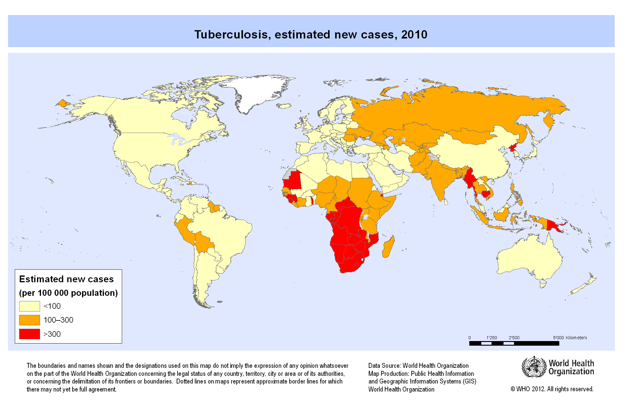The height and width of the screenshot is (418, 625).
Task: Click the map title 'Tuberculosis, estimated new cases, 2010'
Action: tap(311, 34)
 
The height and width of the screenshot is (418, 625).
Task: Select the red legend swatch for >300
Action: tap(30, 334)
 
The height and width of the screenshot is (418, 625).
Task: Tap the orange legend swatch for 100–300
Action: tap(30, 320)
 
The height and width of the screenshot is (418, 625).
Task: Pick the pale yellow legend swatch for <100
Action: tap(30, 306)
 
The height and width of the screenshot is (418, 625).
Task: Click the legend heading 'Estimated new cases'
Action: tap(66, 279)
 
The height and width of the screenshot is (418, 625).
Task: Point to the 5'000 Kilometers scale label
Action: tap(570, 338)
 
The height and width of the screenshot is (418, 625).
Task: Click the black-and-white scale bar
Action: tap(514, 344)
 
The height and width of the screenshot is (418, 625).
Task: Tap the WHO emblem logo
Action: tap(534, 367)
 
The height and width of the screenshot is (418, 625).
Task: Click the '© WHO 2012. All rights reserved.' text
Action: tap(552, 389)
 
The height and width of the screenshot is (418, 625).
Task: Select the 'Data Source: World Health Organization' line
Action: tap(418, 366)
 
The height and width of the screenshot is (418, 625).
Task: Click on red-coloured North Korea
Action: tap(513, 148)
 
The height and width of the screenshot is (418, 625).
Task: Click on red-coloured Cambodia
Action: tap(486, 194)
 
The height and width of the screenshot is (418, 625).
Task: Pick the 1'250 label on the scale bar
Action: tap(492, 338)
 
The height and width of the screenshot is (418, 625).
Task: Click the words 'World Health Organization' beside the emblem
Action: tap(571, 367)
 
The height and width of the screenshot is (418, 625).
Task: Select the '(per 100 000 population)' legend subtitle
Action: tap(68, 293)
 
